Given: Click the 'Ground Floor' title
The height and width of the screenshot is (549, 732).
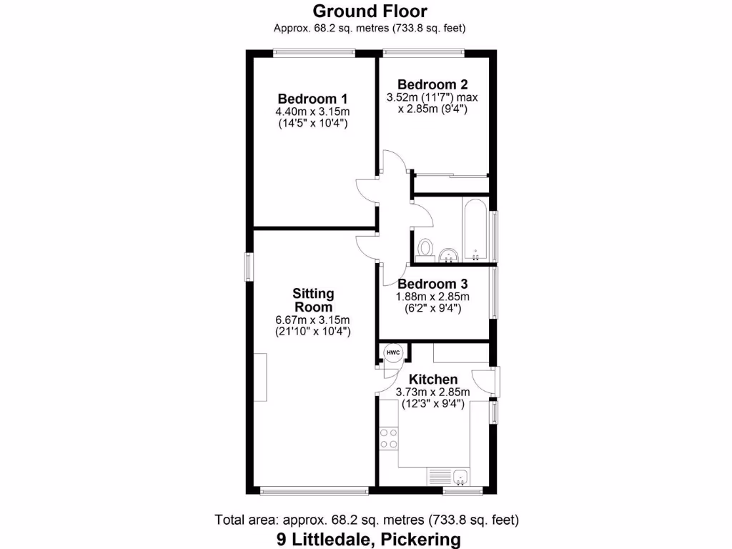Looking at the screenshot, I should point(370,11).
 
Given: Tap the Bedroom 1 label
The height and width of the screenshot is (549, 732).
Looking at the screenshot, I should point(313,99).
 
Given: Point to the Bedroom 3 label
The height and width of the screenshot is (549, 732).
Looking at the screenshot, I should point(433,284).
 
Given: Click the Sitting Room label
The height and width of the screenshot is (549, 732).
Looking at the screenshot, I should point(313,300).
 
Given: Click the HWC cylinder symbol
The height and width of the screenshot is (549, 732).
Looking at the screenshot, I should point(393,353).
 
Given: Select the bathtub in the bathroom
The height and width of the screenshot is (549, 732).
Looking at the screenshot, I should point(475,229).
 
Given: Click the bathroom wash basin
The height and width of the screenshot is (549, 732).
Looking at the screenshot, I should point(449,254).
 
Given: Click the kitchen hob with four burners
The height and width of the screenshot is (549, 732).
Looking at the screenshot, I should point(390,437).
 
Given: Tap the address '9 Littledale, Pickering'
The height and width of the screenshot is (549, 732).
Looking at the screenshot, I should point(368,539).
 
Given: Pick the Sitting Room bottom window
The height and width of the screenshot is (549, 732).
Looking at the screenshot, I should point(314,491).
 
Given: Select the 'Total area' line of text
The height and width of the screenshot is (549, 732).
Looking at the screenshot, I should point(367,520).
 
